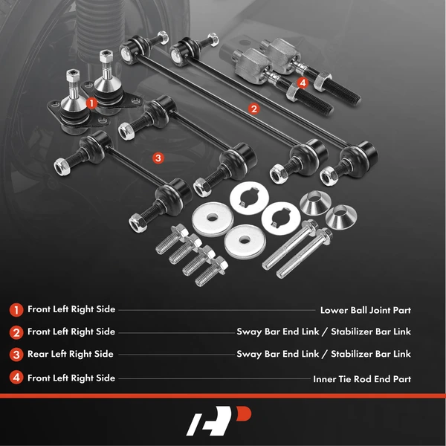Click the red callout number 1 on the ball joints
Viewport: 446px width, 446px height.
click(91, 103)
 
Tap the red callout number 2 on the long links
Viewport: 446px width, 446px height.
click(253, 109)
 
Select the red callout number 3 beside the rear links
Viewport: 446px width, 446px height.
click(157, 158)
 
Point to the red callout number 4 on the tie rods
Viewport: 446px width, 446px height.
click(302, 83)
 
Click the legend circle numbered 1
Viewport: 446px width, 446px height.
click(16, 310)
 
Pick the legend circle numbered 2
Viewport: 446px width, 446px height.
click(16, 332)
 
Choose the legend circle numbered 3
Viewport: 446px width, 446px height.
click(16, 355)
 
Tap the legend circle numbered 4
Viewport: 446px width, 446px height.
click(16, 378)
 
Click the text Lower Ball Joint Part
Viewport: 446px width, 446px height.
click(365, 310)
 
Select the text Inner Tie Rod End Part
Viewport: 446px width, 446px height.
click(361, 378)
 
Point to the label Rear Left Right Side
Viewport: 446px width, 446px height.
click(71, 355)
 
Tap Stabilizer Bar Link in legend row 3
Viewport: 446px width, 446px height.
click(370, 355)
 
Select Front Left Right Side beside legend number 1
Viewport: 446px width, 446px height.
click(71, 310)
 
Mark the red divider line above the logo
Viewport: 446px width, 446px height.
click(223, 396)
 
